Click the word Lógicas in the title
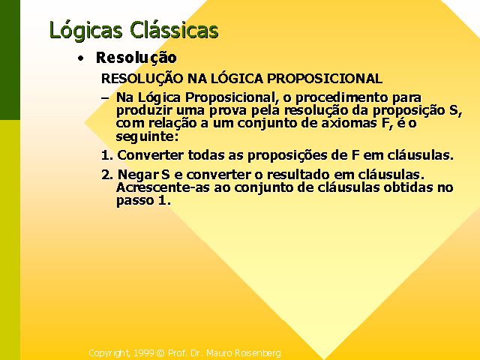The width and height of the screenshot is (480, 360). [x=86, y=31]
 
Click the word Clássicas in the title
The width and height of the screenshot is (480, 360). [x=174, y=29]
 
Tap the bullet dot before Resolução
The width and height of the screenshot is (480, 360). [x=80, y=58]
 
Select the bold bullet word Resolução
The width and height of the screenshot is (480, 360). [x=136, y=58]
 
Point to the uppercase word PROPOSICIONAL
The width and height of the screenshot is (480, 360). [x=325, y=79]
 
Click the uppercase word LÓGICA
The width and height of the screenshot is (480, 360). [x=237, y=78]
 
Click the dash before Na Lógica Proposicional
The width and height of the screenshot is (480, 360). [x=105, y=98]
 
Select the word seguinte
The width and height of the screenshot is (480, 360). [x=147, y=136]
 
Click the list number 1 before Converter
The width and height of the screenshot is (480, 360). [x=107, y=155]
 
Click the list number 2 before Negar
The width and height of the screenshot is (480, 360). [x=107, y=175]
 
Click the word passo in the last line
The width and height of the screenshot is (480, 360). [x=135, y=201]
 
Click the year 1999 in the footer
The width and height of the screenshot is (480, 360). [x=143, y=353]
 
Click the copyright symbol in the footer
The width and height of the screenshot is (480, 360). [x=160, y=353]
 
